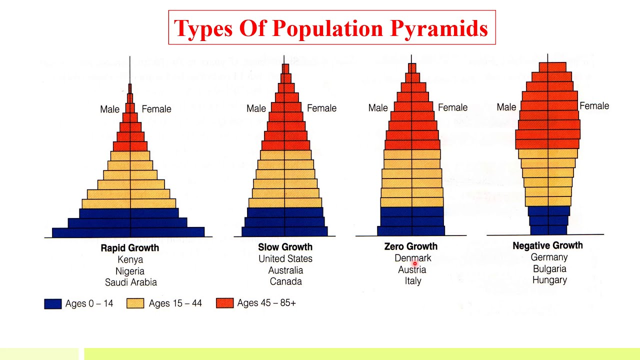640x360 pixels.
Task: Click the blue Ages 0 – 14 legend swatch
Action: coord(52,303)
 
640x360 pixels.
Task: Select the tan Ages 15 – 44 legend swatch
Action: coord(135,303)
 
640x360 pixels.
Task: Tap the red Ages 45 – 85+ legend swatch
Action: coord(224,303)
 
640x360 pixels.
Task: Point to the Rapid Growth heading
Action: coord(130,248)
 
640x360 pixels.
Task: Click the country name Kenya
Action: coord(130,259)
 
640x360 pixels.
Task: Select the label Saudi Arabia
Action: coord(130,282)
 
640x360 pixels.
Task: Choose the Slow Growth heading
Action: coord(285,247)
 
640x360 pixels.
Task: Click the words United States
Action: coord(285,258)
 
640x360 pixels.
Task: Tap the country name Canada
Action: coord(285,281)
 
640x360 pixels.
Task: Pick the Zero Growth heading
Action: coord(411,246)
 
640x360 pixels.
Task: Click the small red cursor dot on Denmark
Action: coord(414,263)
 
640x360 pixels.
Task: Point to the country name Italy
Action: coord(413,281)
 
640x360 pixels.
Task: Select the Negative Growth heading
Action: coord(547,245)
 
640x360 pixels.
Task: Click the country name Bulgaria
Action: coord(549,269)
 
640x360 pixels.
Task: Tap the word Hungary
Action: coord(549,280)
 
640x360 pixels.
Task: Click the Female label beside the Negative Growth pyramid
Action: coord(594,106)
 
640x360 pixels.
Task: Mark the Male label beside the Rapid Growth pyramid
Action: coord(110,109)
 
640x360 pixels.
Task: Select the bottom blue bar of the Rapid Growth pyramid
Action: coord(128,232)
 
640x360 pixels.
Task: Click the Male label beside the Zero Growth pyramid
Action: coord(378,108)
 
